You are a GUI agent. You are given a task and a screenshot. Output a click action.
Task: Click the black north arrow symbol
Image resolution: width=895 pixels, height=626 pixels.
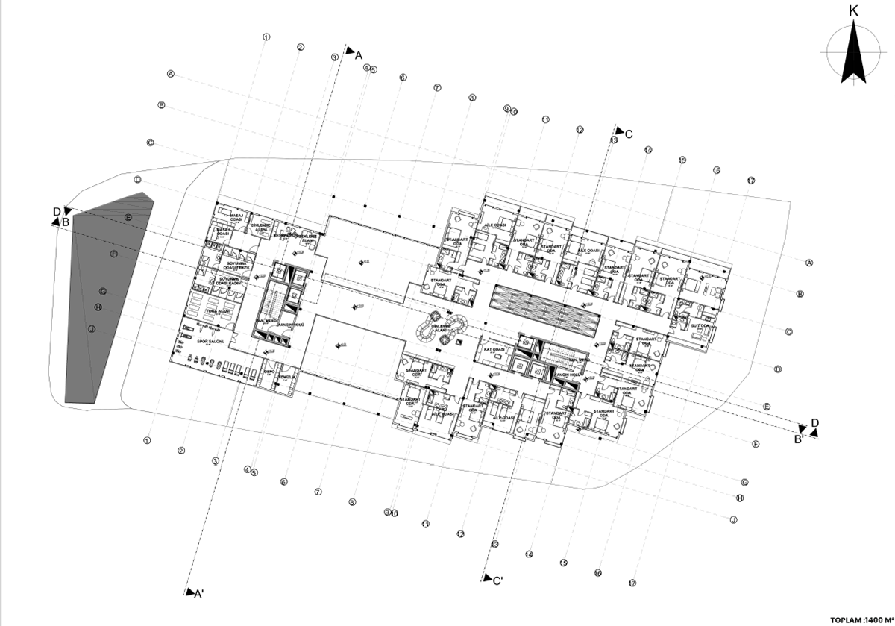pos(853,54)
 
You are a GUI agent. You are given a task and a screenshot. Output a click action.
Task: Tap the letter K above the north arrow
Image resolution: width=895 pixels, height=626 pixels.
pos(853,11)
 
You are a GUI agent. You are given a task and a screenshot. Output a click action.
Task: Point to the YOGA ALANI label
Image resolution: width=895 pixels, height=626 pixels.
pos(216,311)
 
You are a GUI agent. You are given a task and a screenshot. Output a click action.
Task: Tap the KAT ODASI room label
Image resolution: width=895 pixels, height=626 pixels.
pos(495,349)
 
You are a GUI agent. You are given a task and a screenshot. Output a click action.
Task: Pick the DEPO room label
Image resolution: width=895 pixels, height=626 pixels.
pos(269,369)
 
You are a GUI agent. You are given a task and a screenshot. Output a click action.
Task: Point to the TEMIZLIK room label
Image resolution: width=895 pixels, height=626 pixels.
pos(287,377)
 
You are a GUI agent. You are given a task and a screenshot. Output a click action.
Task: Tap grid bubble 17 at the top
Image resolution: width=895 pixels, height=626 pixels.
pos(751,181)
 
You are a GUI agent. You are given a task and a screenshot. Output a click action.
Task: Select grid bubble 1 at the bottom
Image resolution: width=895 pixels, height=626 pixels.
pos(148,440)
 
